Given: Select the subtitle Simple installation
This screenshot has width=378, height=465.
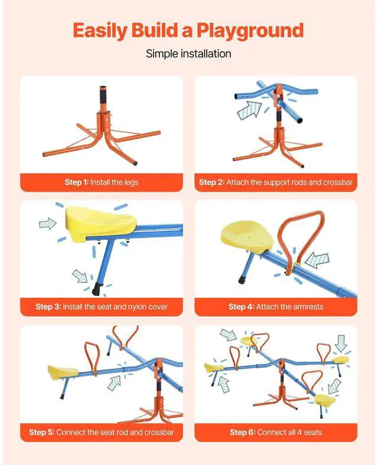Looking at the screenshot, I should pos(188,54).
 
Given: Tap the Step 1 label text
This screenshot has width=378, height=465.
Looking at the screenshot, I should pos(76,182).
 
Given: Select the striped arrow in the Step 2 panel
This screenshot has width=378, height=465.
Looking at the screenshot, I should pos(249,110).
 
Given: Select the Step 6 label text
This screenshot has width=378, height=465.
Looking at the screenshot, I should pos(242,432).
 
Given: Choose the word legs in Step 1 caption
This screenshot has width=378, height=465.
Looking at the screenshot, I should pos(129,182).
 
